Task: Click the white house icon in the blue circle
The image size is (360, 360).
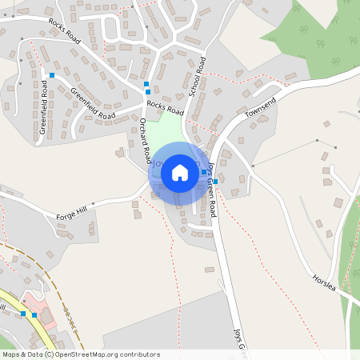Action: pos(180,172)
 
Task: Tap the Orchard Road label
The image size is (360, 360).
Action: pos(146,142)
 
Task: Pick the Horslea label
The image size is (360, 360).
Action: pos(327,285)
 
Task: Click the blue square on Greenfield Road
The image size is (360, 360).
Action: pos(52,76)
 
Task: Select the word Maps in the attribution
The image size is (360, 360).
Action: pos(12,354)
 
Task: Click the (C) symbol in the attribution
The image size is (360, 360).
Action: pos(50,354)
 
